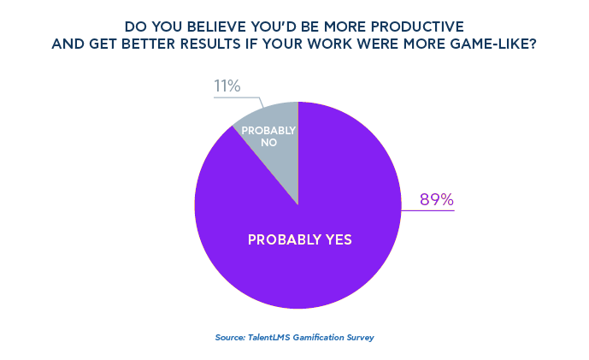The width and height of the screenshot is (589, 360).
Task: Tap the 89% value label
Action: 436,200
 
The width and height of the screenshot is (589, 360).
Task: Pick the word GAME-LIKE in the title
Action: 490,44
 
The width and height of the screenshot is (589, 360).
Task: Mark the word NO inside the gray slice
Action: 268,143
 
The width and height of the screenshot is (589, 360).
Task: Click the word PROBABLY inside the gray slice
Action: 268,131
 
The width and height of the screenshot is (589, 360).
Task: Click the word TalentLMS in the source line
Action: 269,337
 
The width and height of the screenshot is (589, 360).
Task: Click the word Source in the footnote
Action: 230,337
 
